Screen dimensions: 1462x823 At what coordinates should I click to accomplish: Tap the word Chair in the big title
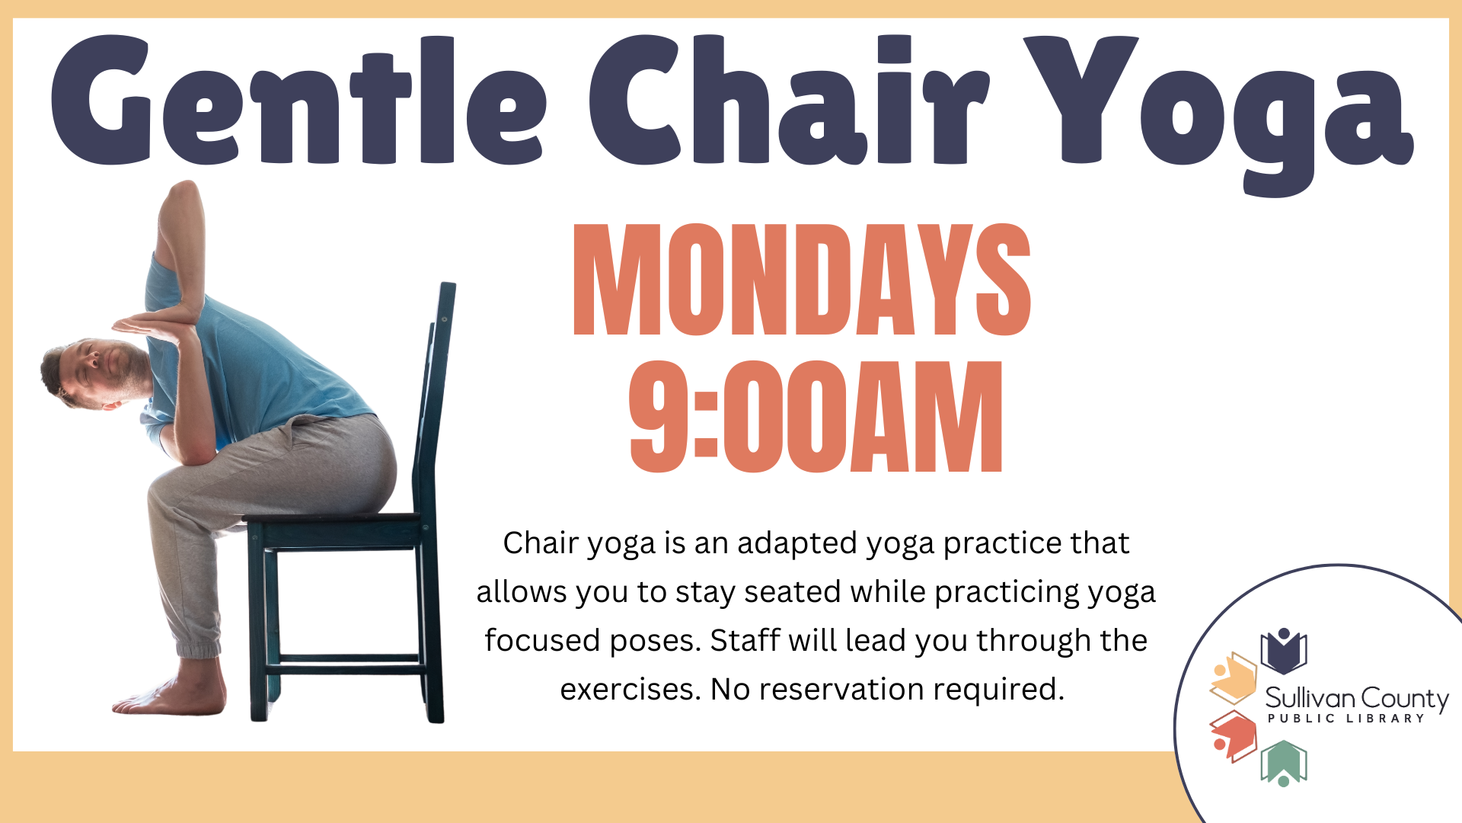click(789, 101)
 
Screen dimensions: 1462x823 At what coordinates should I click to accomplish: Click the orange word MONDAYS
click(802, 280)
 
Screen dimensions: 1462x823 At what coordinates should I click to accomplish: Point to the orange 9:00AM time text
click(816, 416)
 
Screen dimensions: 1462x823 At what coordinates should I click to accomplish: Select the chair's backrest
click(435, 396)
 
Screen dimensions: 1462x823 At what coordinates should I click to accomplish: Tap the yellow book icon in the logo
click(1233, 677)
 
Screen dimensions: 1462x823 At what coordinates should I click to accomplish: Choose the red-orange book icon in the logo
click(1234, 736)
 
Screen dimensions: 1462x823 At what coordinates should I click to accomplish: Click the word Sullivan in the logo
click(1310, 697)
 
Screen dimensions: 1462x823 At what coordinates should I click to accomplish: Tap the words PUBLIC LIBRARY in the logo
click(1345, 718)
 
